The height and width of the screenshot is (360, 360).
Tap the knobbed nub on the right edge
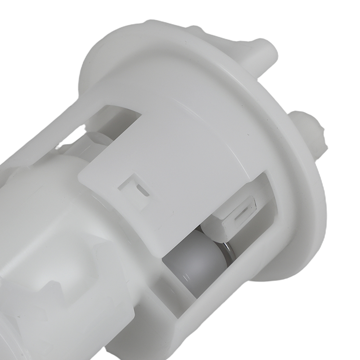click(x=310, y=130)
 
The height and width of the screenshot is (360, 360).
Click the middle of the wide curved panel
click(x=173, y=151)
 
